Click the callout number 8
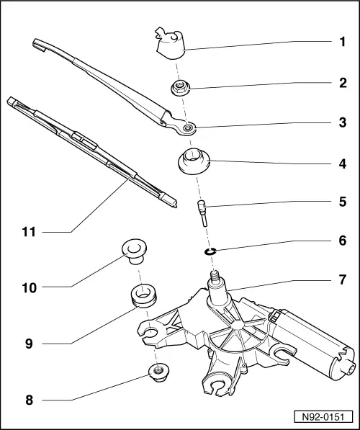(x=30, y=398)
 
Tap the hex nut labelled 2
(x=181, y=89)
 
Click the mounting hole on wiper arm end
(x=187, y=128)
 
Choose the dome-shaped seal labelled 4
(x=192, y=161)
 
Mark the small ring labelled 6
(x=210, y=251)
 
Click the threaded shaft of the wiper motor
(x=214, y=277)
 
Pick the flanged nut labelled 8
(x=156, y=372)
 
